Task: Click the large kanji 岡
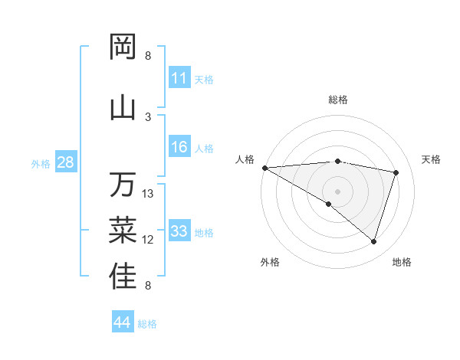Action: (123, 47)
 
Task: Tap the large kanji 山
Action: (123, 106)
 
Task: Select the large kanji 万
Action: (123, 185)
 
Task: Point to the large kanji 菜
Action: (123, 229)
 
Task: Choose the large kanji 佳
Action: (123, 277)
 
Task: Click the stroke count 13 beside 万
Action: (148, 194)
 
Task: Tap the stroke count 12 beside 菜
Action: (148, 240)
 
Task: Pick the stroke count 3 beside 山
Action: (148, 116)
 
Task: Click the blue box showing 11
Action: (179, 78)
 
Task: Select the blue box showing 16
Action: (179, 148)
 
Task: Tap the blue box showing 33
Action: (179, 231)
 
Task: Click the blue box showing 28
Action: (65, 162)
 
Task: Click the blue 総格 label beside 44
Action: (147, 324)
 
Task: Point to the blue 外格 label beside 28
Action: (41, 163)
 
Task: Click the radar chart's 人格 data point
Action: (264, 168)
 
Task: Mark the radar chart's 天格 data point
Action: (396, 172)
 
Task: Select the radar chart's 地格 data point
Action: (373, 242)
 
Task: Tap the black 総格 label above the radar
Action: (338, 100)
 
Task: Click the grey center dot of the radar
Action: (337, 190)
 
